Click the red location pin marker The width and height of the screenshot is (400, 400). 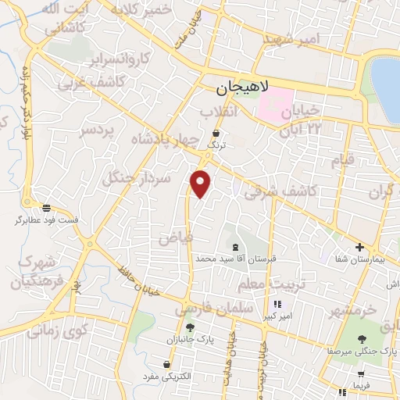202,184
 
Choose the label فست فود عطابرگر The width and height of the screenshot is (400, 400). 47,220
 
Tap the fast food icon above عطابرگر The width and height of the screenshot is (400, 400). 47,208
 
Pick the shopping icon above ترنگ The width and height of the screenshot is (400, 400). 215,134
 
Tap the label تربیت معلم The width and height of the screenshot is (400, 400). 267,282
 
